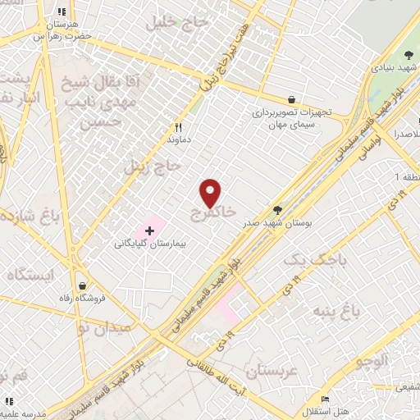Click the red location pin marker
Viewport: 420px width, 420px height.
211,194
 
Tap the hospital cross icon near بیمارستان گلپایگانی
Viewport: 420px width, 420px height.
149,232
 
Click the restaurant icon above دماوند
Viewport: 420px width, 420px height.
178,127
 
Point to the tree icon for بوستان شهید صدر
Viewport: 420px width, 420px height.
276,210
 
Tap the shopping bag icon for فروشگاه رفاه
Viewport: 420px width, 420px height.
82,285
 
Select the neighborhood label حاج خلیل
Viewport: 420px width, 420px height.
174,24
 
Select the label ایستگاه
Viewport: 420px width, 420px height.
30,275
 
